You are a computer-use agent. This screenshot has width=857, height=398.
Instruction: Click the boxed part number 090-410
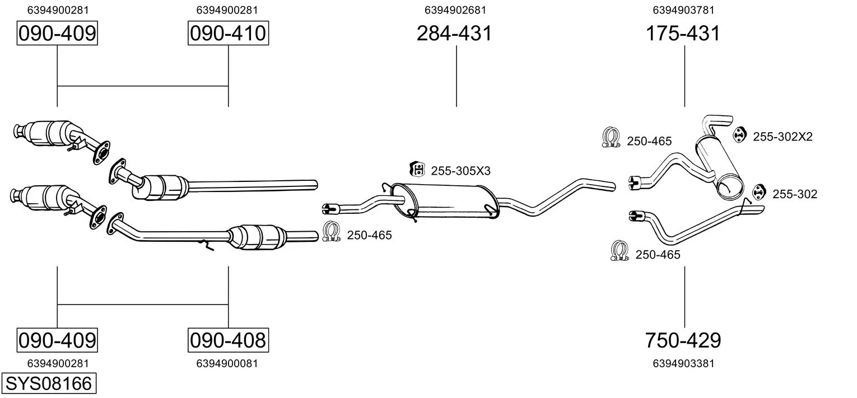[x=228, y=33]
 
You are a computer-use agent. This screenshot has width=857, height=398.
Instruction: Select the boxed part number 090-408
[x=228, y=340]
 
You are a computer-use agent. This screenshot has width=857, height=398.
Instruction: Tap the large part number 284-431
[x=454, y=33]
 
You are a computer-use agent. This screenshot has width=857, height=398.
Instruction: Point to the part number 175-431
[x=683, y=33]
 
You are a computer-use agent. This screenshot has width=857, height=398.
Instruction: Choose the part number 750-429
[x=683, y=340]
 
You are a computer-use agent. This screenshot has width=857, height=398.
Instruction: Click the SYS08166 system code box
[x=49, y=383]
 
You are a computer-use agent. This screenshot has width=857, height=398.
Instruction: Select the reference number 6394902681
[x=455, y=10]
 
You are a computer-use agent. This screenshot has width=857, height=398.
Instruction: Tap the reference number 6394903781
[x=683, y=10]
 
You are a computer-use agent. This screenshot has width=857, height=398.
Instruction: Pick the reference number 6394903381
[x=683, y=363]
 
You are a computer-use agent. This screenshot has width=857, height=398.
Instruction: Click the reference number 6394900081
[x=227, y=363]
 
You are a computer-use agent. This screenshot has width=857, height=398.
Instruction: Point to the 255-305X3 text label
[x=460, y=171]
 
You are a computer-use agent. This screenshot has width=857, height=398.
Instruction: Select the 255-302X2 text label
[x=783, y=137]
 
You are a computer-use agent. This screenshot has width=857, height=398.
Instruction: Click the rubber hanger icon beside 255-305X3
[x=417, y=169]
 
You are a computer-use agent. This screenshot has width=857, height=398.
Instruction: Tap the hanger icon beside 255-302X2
[x=740, y=134]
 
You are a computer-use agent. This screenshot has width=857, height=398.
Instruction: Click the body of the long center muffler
[x=446, y=201]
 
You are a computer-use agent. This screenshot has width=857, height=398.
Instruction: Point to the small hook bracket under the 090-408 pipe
[x=207, y=245]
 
